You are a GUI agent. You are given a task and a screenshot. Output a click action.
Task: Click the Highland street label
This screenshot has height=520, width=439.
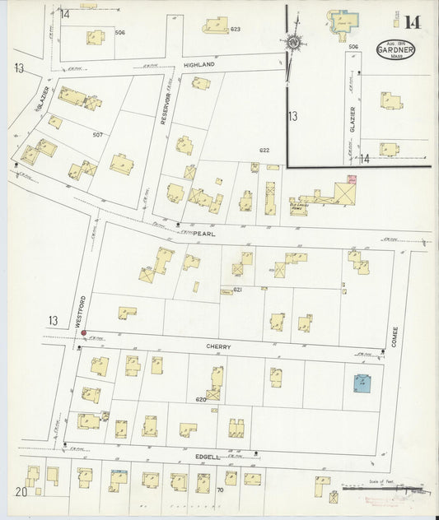198,63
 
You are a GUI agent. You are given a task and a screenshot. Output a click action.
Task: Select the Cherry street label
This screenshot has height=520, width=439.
219,347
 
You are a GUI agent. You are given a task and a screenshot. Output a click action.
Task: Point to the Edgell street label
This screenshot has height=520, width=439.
207,455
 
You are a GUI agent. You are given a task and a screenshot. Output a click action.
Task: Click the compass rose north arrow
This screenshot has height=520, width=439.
292,40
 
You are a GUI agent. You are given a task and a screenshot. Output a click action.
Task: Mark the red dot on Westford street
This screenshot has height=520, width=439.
84,332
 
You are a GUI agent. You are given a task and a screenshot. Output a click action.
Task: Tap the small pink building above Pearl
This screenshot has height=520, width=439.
351,179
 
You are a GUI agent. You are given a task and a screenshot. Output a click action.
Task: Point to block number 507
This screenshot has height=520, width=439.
97,134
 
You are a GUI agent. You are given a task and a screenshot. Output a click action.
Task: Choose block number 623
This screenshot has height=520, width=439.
235,30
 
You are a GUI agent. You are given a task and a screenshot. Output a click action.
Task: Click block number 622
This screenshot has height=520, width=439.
264,151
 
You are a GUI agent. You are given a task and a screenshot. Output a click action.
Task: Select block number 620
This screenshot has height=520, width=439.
198,398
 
